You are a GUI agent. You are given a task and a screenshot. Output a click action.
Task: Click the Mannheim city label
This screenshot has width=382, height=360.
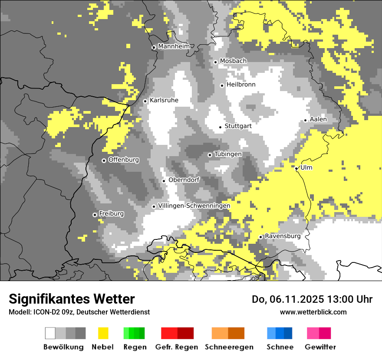coord(174,46)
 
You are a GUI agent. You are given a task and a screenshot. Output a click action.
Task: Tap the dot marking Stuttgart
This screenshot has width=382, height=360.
coord(220,127)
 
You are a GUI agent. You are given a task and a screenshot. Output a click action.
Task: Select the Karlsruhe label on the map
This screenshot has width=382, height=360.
coord(164,100)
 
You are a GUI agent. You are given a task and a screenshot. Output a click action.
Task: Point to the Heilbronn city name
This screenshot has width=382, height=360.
coord(241,85)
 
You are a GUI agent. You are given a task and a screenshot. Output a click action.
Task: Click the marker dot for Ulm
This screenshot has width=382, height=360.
coord(296,168)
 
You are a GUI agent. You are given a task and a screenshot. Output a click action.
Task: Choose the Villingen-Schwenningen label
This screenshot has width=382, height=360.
coord(194,206)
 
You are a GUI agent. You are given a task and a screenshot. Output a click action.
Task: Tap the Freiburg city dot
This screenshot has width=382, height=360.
coord(95,215)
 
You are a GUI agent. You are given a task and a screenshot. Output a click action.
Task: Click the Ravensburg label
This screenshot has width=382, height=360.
coord(283,236)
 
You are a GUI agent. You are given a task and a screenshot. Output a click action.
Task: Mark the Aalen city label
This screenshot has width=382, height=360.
coord(318,119)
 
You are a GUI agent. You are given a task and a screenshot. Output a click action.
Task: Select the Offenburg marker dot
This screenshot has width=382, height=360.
coord(104,160)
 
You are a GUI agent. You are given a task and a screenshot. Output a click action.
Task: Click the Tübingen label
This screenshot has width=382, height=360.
coord(228,154)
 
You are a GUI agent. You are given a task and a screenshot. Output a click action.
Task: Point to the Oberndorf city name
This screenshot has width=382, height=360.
coord(184,180)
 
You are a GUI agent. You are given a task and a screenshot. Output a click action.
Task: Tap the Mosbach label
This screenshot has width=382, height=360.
coord(233,61)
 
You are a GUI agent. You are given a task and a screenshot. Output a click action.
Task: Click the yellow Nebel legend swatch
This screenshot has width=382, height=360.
coord(103,333)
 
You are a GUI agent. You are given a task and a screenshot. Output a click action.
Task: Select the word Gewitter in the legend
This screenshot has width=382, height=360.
coord(320,347)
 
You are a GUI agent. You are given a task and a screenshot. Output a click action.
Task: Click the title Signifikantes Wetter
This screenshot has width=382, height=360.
coord(72,299)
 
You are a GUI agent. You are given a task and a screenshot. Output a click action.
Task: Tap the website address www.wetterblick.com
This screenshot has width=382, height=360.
coord(313,312)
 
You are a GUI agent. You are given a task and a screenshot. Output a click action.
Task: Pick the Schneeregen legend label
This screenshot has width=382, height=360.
coord(228,347)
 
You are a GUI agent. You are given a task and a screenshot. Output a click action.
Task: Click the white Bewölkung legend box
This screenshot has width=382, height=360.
coord(50,333)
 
